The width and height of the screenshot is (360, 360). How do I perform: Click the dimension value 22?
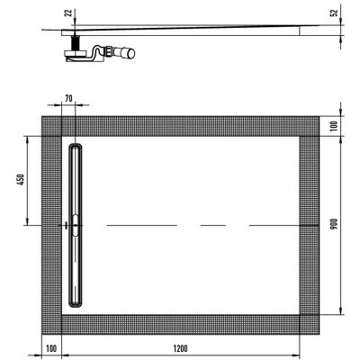pos(68,13)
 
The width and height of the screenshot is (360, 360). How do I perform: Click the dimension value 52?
pos(335,13)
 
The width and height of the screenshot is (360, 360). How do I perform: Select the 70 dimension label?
pos(68,98)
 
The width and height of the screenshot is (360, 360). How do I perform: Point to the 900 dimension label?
pos(335,224)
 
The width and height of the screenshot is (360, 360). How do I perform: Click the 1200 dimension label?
pos(180,348)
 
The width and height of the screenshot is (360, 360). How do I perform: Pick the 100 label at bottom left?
pos(51,348)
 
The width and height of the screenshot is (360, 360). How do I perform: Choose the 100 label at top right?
pos(335,126)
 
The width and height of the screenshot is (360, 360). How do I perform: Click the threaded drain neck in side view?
pos(76,43)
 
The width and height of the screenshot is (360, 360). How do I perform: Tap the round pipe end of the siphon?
pos(130,53)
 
